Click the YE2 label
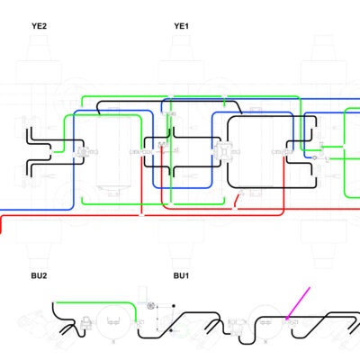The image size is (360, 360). pos(39,26)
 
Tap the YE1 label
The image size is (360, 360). pos(181,26)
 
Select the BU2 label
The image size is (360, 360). pos(39,275)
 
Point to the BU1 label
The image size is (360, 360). pos(181,275)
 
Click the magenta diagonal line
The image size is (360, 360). pos(298,302)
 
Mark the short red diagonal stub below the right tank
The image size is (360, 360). pos(238,200)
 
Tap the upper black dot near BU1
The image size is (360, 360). pos(174,306)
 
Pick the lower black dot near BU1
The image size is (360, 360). pos(171,330)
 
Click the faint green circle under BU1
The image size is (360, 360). pos(181,332)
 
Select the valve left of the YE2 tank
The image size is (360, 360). pos(82,152)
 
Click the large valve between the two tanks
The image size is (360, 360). pos(222,151)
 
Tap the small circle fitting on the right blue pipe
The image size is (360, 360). pos(314,157)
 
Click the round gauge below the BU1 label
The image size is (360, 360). pos(150,306)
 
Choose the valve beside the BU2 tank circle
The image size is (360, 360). pos(86,321)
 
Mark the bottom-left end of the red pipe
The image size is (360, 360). pos(1,232)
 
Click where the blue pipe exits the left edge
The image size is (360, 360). pos(1,210)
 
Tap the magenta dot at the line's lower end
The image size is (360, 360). pos(287,318)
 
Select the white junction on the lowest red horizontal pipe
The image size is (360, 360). pos(142,215)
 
